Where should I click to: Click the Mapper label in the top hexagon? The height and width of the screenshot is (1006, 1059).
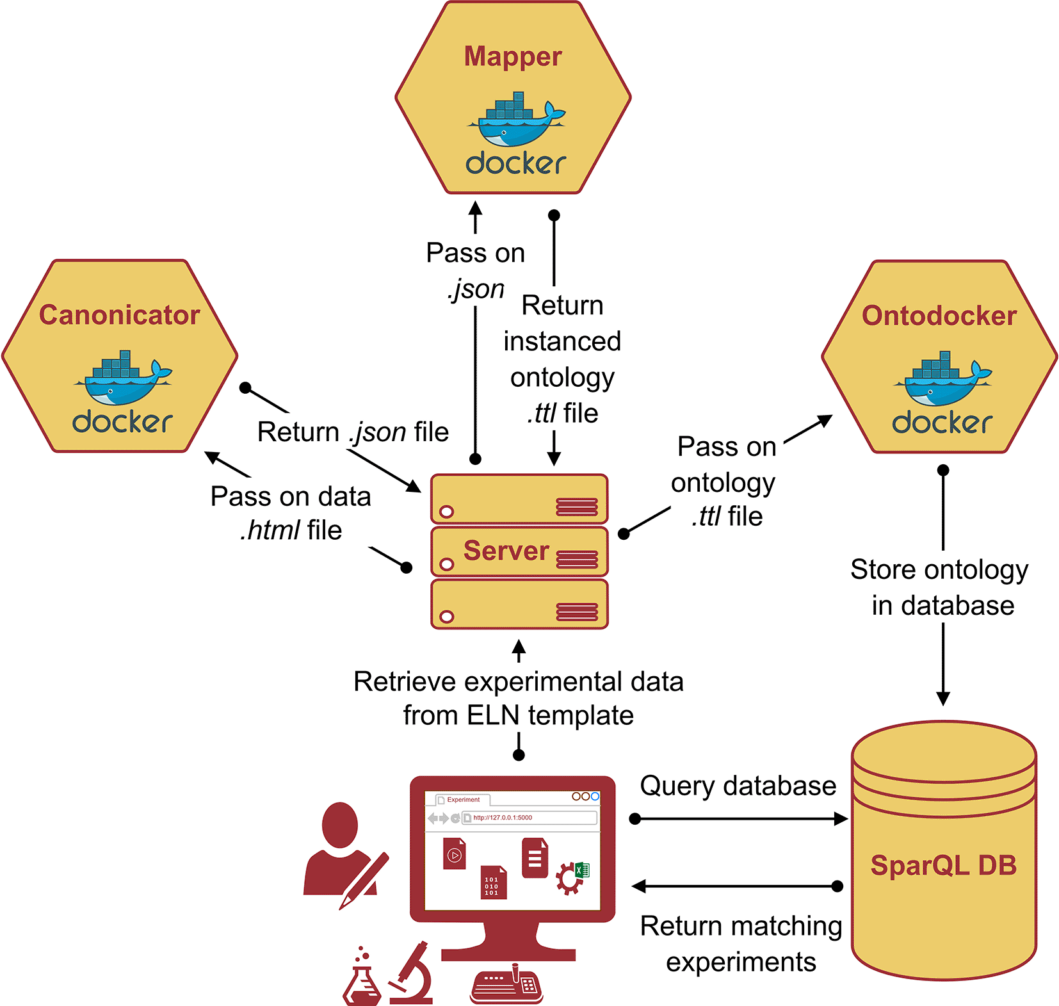[x=513, y=56]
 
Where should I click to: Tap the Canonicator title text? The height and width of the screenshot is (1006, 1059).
[x=120, y=315]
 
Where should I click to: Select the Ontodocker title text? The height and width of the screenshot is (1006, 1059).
[x=939, y=316]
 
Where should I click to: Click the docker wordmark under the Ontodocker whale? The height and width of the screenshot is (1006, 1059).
[x=942, y=423]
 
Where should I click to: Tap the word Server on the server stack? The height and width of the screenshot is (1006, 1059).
[x=506, y=551]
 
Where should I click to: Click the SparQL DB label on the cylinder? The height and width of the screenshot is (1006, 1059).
[x=943, y=865]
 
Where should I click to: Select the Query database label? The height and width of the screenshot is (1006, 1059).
[x=738, y=786]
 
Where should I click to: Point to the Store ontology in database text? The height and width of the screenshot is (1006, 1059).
[x=940, y=587]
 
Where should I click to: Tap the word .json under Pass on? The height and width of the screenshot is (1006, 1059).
[x=476, y=289]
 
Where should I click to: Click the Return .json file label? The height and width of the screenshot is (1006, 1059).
[x=353, y=432]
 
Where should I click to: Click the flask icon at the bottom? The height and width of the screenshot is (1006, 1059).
[x=362, y=978]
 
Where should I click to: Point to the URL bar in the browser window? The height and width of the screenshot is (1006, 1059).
[x=529, y=818]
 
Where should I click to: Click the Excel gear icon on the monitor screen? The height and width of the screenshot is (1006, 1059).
[x=572, y=877]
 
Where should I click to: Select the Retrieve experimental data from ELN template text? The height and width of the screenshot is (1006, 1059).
[x=518, y=698]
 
